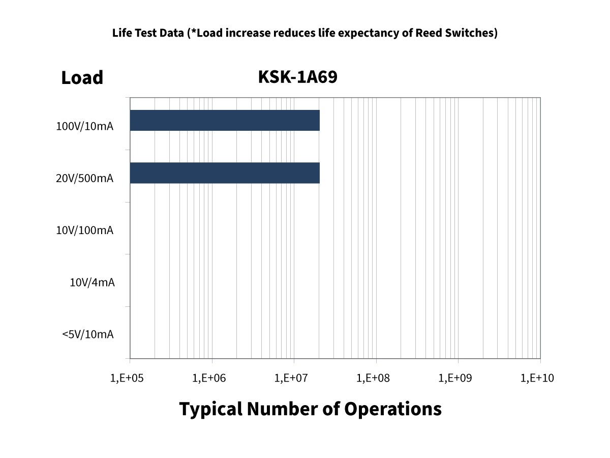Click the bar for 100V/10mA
[x=225, y=121]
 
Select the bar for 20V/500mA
[x=225, y=173]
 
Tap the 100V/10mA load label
[x=84, y=126]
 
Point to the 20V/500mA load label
[x=84, y=178]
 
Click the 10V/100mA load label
[x=84, y=231]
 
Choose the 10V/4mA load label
[x=92, y=282]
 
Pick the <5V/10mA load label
[x=88, y=334]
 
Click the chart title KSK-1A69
[x=298, y=77]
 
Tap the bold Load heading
[x=82, y=78]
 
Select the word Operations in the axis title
[x=393, y=409]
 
